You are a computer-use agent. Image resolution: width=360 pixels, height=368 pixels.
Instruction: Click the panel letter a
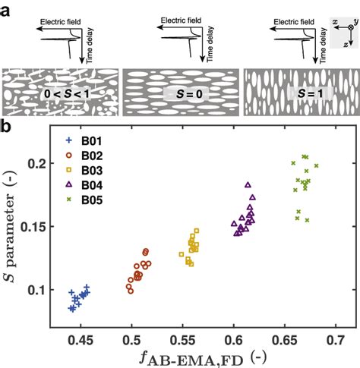pos(7,8)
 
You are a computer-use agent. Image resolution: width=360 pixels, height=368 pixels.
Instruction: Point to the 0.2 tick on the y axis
pos(37,164)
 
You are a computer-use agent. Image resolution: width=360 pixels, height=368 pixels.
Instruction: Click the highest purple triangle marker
pos(248,184)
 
